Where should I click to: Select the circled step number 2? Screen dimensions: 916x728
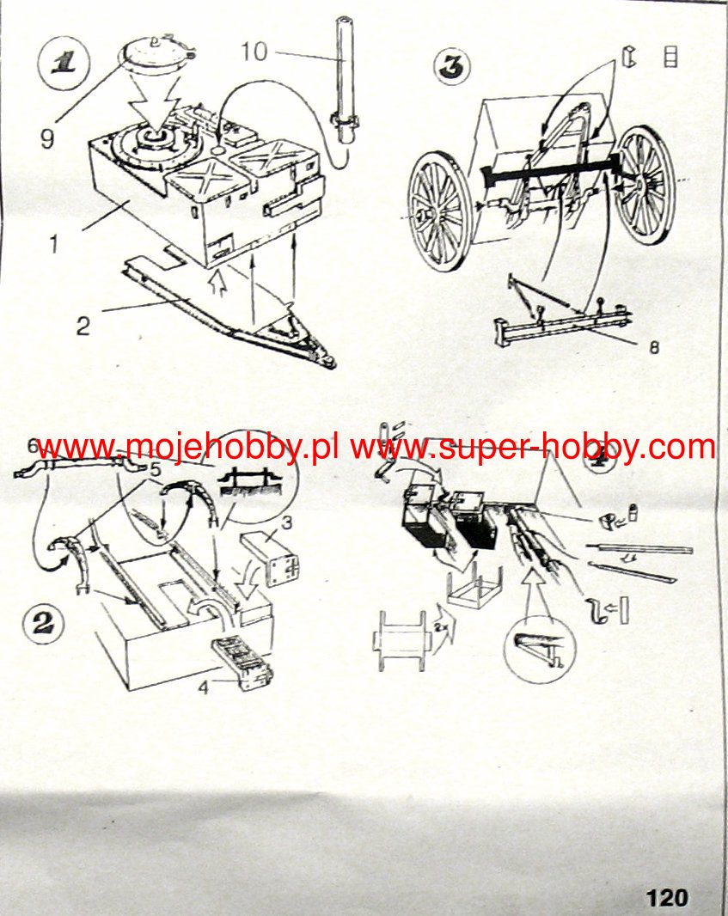(x=42, y=623)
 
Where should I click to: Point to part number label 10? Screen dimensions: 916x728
(x=254, y=53)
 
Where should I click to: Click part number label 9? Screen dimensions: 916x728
(x=47, y=137)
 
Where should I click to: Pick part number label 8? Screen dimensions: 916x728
(x=655, y=348)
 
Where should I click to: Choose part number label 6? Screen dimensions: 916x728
(x=33, y=445)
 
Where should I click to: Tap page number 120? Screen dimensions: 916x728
(x=667, y=898)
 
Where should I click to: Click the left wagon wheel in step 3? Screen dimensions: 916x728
(x=441, y=211)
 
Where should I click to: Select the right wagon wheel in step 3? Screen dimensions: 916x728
(x=644, y=184)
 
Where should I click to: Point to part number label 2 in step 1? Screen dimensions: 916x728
(x=82, y=327)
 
